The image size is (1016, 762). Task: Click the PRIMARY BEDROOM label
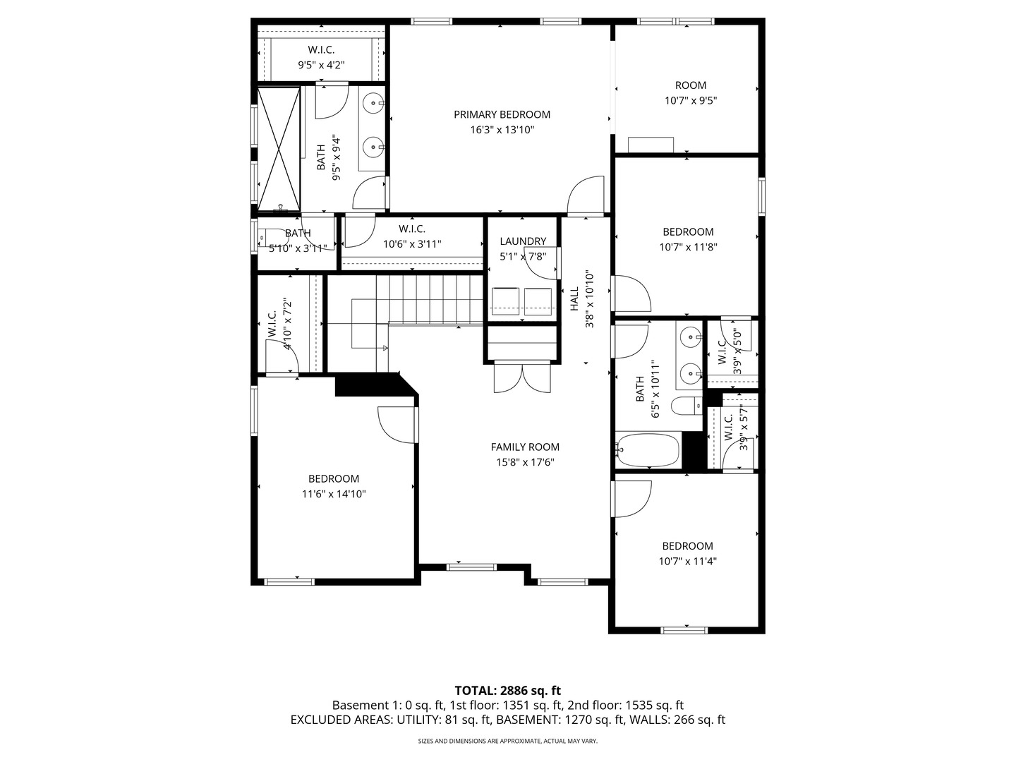(502, 114)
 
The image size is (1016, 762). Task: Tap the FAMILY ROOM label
(525, 447)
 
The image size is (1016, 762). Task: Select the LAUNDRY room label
(523, 241)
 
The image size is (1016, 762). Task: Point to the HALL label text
(574, 298)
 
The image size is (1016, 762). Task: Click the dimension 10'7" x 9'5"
(691, 101)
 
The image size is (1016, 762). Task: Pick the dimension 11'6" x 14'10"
(334, 495)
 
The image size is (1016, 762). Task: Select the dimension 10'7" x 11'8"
(688, 248)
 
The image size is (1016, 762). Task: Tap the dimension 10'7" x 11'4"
(687, 562)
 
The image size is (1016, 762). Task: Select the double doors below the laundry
(521, 377)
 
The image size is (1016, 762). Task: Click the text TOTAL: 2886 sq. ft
(507, 690)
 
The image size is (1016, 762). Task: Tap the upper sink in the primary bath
(374, 104)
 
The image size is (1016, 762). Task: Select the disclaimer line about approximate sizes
(507, 742)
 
